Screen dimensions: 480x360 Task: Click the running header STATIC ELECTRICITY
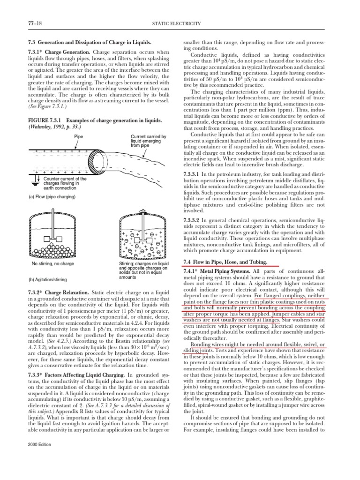[179, 23]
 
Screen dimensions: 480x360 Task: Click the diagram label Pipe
[79, 136]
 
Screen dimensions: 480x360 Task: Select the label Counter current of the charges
[65, 182]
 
